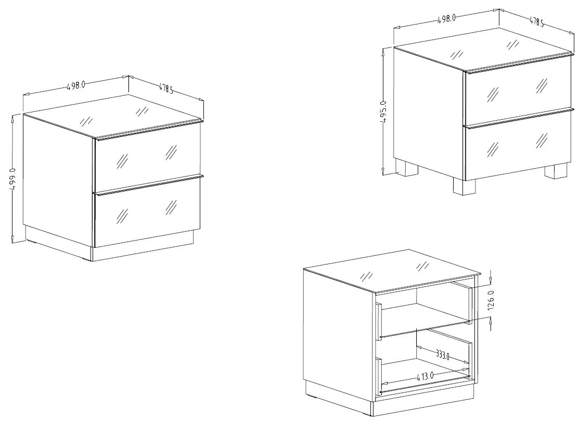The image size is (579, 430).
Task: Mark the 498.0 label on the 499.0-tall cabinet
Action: tap(76, 85)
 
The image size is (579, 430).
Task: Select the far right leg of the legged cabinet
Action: tap(556, 171)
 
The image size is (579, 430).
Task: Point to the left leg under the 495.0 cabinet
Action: tap(407, 167)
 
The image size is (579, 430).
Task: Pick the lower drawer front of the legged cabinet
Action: tap(518, 146)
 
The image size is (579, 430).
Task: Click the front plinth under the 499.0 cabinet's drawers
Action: tap(143, 252)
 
